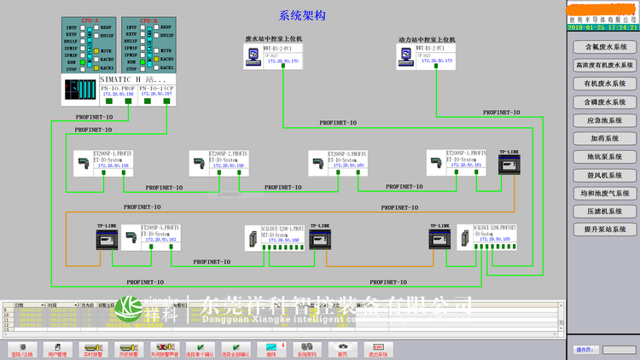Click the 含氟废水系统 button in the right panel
tap(604, 48)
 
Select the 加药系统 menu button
tap(604, 138)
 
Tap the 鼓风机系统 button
tap(604, 175)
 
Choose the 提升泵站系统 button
tap(604, 229)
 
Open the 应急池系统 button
tap(604, 120)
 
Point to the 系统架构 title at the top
tap(301, 15)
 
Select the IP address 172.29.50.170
tap(283, 62)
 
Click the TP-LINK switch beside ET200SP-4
tap(509, 162)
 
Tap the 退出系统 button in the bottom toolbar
tap(378, 349)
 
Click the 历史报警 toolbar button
tap(128, 349)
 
